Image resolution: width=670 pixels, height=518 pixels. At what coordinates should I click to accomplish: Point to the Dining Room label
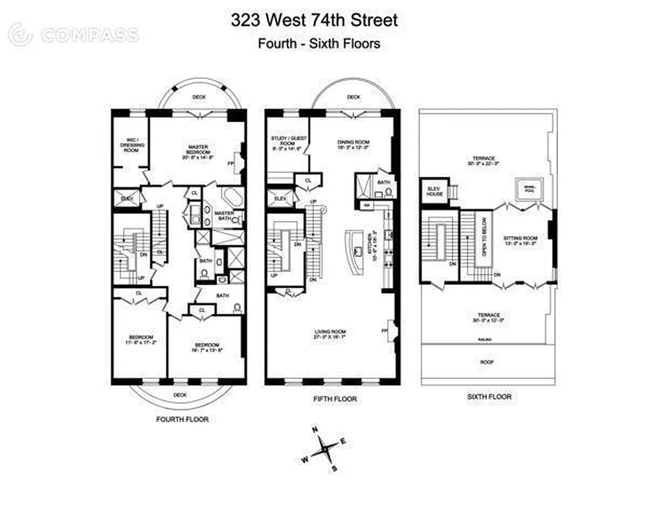click(353, 144)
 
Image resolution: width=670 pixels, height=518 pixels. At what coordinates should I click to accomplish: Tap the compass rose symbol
click(328, 447)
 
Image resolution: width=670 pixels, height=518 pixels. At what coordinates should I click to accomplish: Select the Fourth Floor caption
click(183, 419)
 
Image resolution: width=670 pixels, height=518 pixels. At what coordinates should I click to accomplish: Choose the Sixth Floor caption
click(489, 396)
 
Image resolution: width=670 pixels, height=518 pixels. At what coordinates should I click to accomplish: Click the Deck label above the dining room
click(353, 97)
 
